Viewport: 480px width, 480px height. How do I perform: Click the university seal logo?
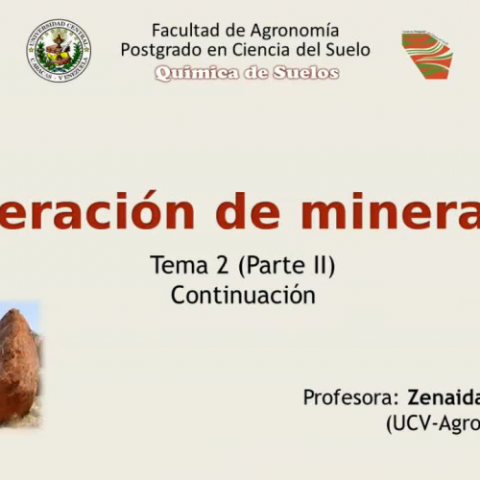[x=59, y=50]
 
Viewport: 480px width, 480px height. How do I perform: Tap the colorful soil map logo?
[x=426, y=54]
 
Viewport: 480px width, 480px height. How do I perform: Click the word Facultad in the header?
[x=183, y=31]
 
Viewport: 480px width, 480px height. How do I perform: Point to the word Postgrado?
[x=161, y=50]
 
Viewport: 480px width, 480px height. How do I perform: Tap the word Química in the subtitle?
[x=190, y=72]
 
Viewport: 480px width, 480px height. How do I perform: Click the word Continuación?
[x=243, y=295]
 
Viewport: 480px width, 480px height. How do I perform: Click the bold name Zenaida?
[x=443, y=397]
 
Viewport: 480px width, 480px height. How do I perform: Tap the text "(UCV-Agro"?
[x=431, y=421]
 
